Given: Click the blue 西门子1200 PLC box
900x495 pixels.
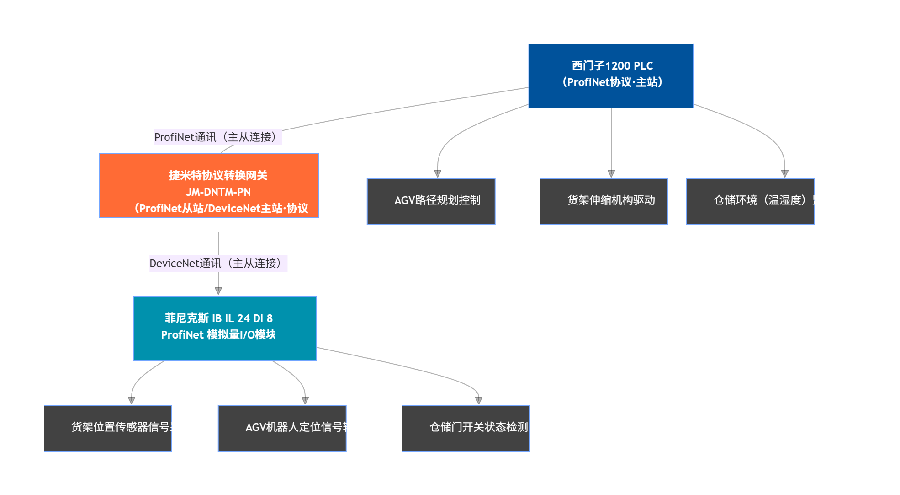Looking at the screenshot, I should (x=611, y=76).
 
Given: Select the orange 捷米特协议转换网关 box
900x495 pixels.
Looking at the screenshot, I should (x=209, y=186).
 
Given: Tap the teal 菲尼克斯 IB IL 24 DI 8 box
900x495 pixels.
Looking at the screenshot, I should (x=225, y=328).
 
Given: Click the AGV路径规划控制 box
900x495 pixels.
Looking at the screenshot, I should (x=431, y=201).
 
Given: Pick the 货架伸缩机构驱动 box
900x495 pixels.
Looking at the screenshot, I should (x=604, y=201).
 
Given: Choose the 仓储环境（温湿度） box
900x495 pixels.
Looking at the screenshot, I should (x=750, y=201).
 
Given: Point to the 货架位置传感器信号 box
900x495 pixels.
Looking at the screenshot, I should (x=108, y=428).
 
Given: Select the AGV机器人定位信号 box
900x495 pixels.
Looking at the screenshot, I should (x=282, y=428).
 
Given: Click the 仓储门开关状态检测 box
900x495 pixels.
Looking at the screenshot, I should (x=466, y=428).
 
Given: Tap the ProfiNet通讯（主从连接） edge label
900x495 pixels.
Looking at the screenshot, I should (x=218, y=137).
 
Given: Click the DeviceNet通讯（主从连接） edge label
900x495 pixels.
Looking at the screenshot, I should (x=218, y=264).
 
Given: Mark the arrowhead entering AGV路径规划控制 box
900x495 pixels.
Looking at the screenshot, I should (x=438, y=174).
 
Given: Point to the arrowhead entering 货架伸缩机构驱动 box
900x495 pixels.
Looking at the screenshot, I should (x=611, y=174).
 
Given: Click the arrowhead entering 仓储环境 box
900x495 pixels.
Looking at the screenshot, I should (x=785, y=174).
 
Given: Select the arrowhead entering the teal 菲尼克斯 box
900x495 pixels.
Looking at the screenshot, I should (x=218, y=291).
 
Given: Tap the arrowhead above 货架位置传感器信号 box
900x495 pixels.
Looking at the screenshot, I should (x=132, y=401).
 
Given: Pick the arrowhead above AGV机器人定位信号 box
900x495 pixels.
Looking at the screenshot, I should (x=305, y=401).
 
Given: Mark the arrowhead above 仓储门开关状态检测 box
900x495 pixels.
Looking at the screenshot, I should (x=479, y=401).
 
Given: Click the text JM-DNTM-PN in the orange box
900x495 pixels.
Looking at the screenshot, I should (x=218, y=192).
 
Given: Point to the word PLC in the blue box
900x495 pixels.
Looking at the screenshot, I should (x=643, y=66).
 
